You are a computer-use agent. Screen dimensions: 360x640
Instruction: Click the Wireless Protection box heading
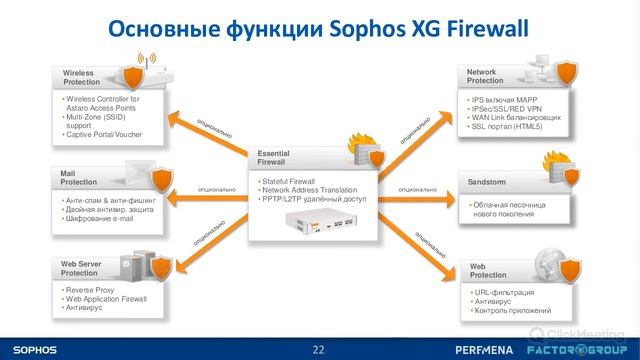80,78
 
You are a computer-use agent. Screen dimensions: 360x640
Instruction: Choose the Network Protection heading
486,76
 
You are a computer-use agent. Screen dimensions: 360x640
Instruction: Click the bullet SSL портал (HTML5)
507,127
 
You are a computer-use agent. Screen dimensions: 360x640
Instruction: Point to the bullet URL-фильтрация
506,293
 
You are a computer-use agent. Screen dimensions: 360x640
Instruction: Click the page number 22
319,349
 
